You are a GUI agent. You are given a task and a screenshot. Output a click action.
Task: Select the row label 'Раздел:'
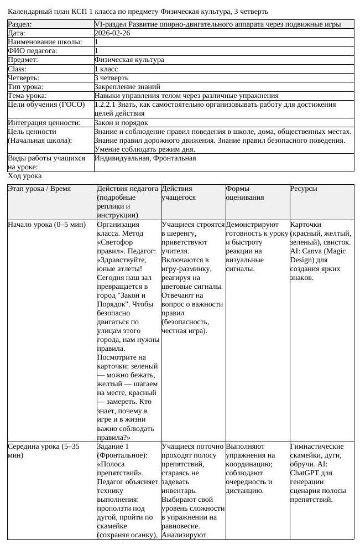[x=20, y=24]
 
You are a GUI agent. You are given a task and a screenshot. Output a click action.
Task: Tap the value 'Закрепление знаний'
[x=127, y=86]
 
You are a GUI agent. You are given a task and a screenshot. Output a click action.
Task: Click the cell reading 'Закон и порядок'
[x=121, y=122]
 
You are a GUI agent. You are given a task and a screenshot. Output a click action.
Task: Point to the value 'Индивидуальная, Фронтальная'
[x=145, y=158]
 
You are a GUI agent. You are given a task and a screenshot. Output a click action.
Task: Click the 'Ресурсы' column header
[x=304, y=189]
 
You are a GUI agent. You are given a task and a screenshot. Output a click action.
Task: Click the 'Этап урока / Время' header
[x=39, y=189]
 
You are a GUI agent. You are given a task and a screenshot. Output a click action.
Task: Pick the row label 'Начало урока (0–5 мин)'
[x=47, y=225]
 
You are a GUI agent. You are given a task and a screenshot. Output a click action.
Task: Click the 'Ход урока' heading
[x=25, y=176]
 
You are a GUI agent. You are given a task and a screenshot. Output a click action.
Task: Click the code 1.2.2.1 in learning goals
[x=105, y=104]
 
